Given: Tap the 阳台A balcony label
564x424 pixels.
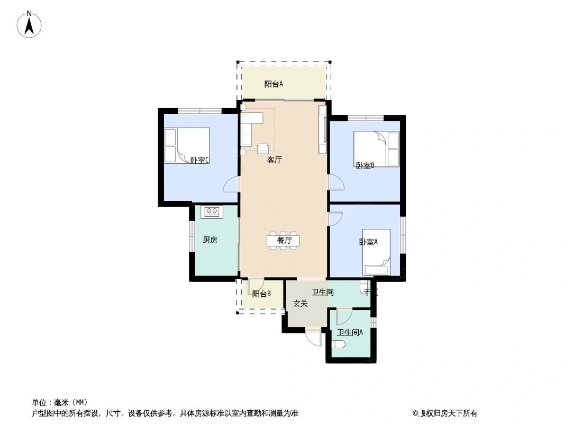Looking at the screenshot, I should (274, 84).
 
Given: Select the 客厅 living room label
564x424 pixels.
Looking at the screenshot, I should (274, 160).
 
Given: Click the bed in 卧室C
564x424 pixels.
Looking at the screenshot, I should (188, 145).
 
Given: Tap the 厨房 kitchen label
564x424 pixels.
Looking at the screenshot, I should (210, 240).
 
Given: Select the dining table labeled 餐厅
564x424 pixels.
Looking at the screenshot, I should (283, 240).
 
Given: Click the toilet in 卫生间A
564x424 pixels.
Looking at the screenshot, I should (338, 345).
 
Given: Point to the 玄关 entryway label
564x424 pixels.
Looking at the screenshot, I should (301, 304).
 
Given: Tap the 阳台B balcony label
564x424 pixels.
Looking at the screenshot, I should (261, 294).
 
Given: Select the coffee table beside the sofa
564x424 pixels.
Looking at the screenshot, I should (263, 149).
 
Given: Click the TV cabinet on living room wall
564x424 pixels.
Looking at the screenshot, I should (322, 130).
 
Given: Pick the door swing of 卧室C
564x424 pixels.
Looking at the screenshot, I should (232, 184).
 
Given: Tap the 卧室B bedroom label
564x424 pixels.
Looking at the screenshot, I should (365, 165).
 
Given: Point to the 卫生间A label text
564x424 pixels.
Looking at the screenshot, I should (350, 333).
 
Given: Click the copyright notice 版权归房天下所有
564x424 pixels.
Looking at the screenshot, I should (448, 413).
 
